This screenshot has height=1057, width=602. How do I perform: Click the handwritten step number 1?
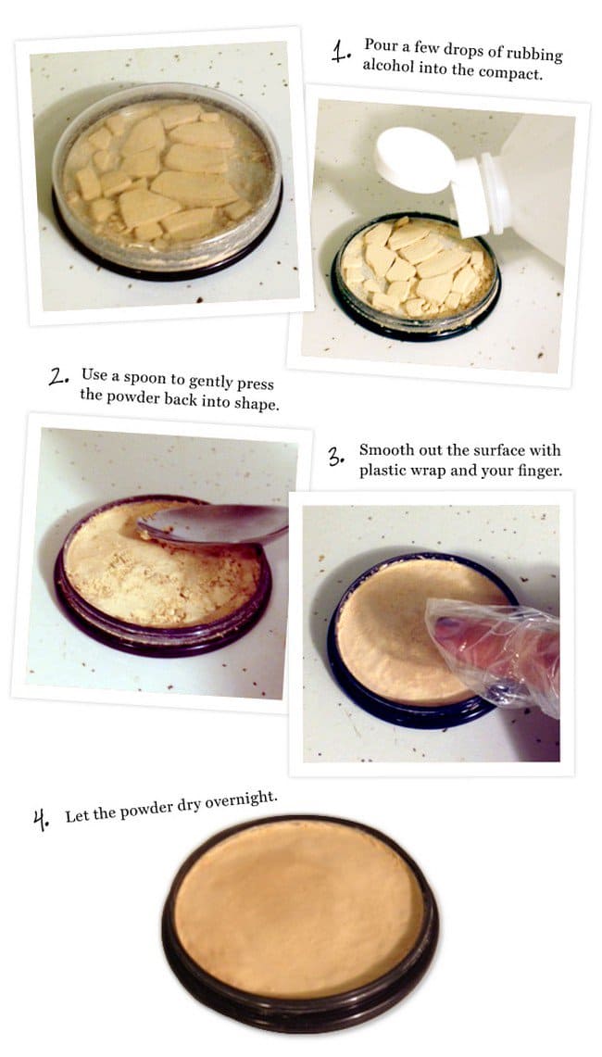click(x=340, y=51)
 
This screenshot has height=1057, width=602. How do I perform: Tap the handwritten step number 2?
click(x=58, y=377)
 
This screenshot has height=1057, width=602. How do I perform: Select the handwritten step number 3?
click(x=337, y=458)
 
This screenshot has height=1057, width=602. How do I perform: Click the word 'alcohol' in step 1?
click(x=388, y=66)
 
